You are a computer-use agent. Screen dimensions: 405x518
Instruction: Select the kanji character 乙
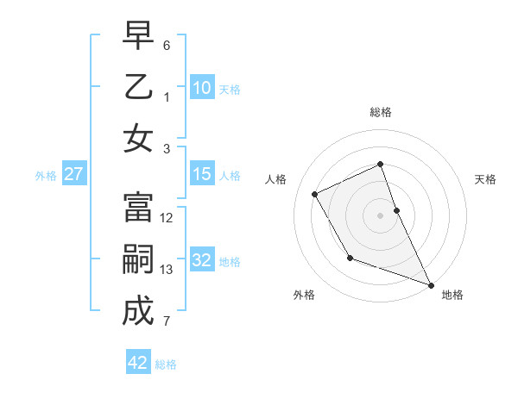click(x=138, y=88)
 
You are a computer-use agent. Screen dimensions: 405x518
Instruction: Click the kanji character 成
click(x=138, y=311)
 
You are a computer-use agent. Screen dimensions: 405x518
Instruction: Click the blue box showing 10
click(x=201, y=87)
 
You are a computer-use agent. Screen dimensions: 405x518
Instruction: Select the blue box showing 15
click(x=201, y=175)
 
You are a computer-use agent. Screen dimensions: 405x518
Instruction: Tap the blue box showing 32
click(x=201, y=261)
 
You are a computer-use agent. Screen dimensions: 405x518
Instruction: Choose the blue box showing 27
click(x=73, y=175)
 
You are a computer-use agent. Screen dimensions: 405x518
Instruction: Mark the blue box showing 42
click(x=137, y=363)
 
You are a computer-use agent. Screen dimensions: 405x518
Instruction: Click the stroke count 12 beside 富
click(x=167, y=218)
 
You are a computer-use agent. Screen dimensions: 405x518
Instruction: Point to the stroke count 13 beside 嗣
click(x=167, y=270)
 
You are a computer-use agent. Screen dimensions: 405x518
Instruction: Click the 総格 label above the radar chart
click(x=381, y=112)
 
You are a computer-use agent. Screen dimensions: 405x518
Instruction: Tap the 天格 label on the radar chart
click(x=485, y=179)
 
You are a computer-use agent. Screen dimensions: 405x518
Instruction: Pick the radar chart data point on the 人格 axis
click(x=315, y=194)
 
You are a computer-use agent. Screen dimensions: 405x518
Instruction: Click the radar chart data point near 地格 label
click(x=432, y=285)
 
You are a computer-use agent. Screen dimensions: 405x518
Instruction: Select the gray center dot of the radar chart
click(x=381, y=215)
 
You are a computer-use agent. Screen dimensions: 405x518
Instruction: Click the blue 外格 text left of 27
click(x=46, y=176)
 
